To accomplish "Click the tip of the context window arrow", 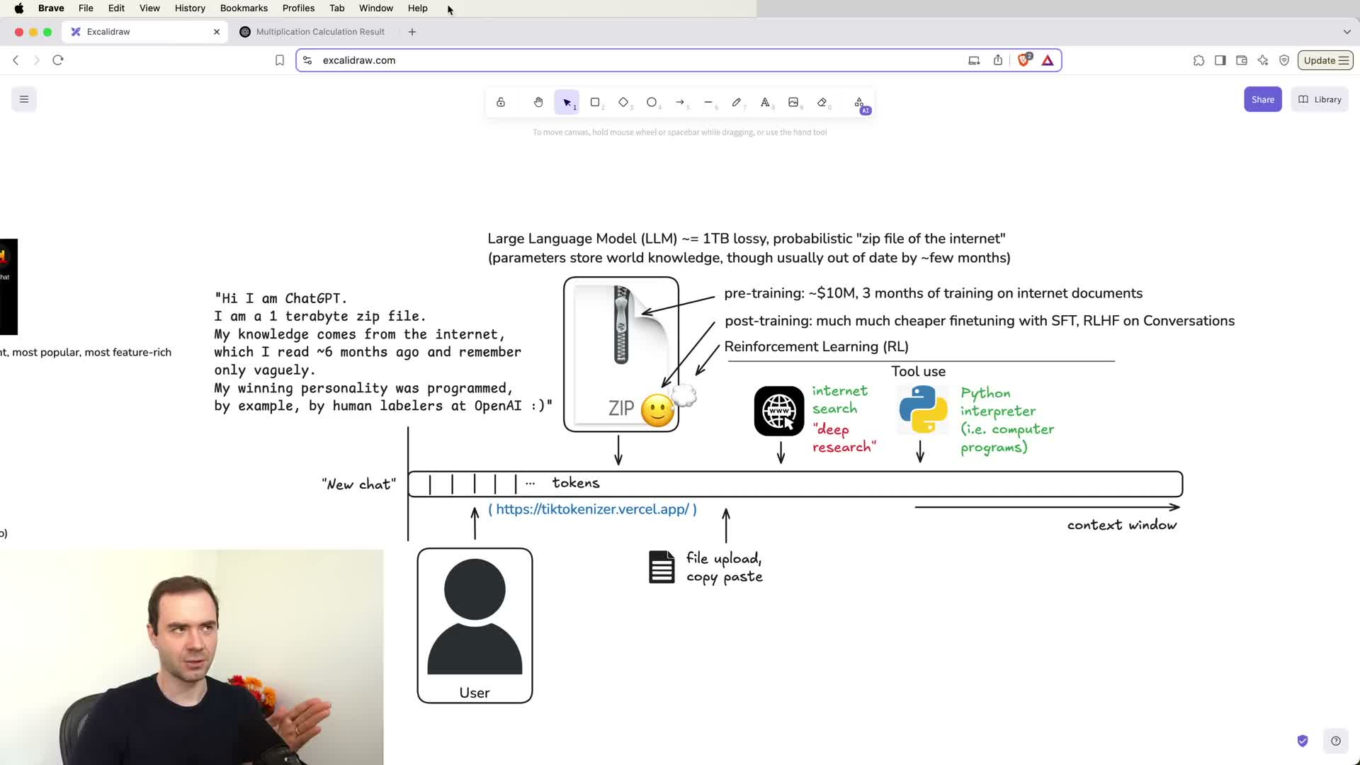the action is click(x=1180, y=507).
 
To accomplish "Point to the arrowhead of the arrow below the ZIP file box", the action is click(x=618, y=464).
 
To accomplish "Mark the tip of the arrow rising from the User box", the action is click(x=475, y=507).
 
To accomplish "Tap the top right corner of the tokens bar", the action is click(x=1182, y=472).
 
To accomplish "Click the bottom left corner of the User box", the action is click(x=418, y=703).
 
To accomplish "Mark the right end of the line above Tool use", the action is click(x=1115, y=361).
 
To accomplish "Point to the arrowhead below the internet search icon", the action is click(x=781, y=463).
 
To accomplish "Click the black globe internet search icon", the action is click(x=779, y=411).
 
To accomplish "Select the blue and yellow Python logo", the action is click(x=923, y=409).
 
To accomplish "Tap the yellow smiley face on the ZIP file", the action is click(x=657, y=410).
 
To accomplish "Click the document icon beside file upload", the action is click(x=662, y=567).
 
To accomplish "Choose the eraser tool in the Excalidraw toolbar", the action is click(x=822, y=103).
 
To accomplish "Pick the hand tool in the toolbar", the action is click(x=538, y=103).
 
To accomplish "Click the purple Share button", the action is click(x=1262, y=100).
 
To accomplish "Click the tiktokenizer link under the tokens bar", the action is click(x=592, y=509).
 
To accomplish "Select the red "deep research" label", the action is click(x=844, y=438).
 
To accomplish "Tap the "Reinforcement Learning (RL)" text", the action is click(x=816, y=346).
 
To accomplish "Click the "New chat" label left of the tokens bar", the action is click(x=359, y=484).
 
